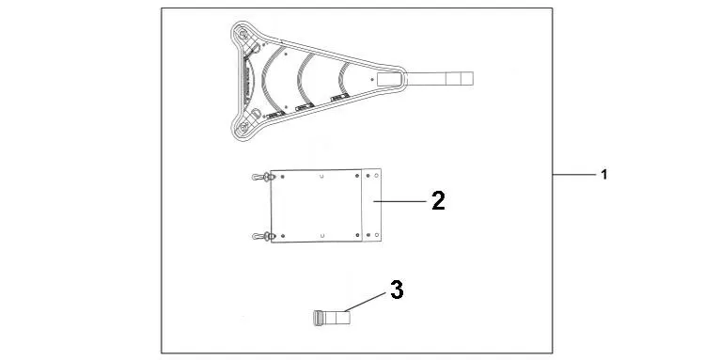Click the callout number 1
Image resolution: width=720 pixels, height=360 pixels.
point(604,175)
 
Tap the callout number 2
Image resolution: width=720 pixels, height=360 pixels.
point(437,199)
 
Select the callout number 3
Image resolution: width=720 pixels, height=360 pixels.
point(397,290)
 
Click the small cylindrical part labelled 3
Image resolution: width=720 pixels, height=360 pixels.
point(330,318)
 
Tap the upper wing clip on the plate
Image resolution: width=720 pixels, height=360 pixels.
point(260,177)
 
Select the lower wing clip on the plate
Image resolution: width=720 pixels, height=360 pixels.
point(260,235)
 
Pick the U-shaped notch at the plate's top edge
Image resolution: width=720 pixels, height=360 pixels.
point(323,174)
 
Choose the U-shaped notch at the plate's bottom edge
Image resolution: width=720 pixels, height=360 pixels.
point(323,234)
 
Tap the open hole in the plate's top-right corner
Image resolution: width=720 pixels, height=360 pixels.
point(377,175)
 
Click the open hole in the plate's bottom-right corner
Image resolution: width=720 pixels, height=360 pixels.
point(377,235)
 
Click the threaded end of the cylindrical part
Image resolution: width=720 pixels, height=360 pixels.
point(318,318)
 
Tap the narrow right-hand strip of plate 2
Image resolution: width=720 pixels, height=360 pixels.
point(373,205)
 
